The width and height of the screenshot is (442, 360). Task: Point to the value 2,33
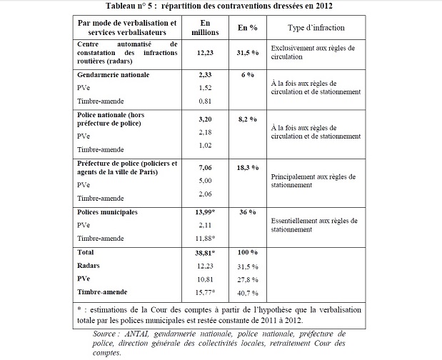204,74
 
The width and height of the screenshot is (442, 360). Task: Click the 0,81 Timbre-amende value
204,101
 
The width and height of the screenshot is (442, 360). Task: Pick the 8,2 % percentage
247,114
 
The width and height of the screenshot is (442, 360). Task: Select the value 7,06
204,166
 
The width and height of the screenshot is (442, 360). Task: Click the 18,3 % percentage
247,166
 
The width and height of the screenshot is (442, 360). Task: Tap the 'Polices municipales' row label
106,213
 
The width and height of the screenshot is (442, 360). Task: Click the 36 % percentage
247,213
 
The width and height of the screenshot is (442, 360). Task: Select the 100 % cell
247,253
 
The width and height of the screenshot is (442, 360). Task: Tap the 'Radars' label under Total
89,265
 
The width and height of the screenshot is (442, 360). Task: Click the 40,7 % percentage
247,292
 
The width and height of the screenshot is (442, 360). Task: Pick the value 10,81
204,279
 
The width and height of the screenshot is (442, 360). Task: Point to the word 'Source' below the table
107,333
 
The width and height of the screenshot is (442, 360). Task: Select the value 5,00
204,180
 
